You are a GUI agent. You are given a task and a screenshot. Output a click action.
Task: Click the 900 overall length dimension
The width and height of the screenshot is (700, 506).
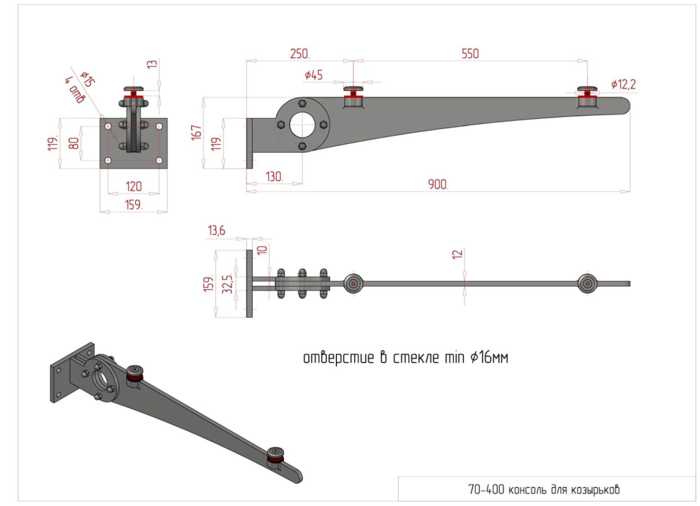438,185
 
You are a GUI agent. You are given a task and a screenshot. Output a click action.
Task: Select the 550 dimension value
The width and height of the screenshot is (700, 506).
470,54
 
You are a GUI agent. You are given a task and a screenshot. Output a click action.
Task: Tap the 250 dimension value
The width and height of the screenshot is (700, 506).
300,54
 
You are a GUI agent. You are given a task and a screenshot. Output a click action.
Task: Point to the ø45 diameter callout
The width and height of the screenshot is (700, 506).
314,75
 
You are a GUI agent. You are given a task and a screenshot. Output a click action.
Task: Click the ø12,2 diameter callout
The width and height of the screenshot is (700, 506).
623,84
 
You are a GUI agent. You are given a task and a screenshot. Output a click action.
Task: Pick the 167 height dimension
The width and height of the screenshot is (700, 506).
197,132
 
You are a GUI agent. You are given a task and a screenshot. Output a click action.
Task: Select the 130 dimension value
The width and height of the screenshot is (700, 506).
275,177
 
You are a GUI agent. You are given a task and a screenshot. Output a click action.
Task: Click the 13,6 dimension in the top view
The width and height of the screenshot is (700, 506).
216,231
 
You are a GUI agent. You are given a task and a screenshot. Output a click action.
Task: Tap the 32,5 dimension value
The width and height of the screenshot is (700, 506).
228,284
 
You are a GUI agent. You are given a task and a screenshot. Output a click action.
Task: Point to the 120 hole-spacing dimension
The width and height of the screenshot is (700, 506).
134,187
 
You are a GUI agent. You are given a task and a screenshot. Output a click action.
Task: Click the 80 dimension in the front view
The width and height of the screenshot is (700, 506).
74,143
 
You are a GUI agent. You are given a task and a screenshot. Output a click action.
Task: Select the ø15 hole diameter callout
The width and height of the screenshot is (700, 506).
88,79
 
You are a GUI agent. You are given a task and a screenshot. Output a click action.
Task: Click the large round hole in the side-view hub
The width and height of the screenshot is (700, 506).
302,125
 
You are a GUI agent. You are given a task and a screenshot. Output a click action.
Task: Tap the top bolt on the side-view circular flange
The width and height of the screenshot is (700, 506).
302,103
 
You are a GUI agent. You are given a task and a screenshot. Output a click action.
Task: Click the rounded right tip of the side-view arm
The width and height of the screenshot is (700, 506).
626,105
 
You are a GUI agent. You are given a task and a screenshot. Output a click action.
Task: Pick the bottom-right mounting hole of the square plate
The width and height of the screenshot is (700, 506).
159,160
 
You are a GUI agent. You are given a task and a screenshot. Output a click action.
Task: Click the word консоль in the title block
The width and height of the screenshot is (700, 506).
528,489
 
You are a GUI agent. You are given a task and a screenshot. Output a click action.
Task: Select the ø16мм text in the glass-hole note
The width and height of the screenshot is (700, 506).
489,357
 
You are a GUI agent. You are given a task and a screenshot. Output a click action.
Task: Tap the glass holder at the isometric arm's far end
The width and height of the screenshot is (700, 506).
276,456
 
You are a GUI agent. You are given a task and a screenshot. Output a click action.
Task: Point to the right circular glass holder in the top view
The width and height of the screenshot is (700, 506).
587,284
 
